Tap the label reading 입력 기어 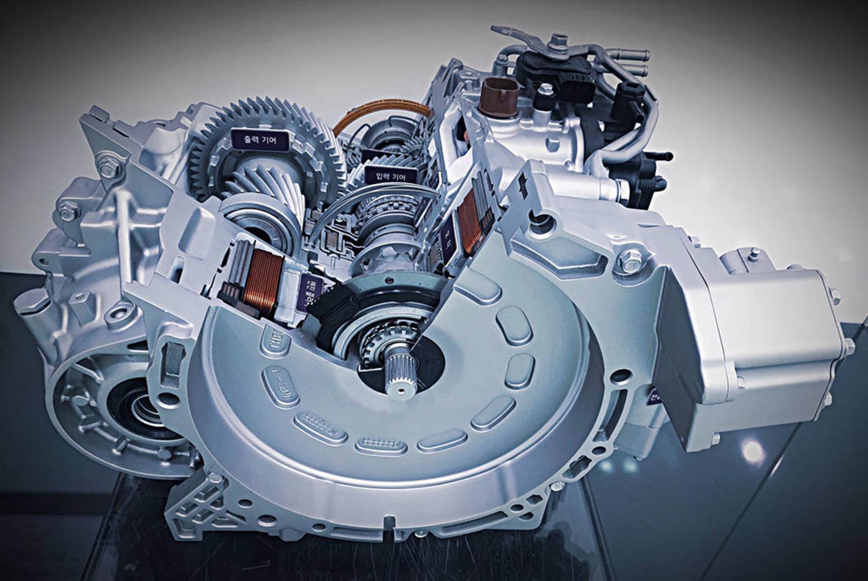391,176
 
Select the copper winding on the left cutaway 263,282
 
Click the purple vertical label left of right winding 448,238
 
